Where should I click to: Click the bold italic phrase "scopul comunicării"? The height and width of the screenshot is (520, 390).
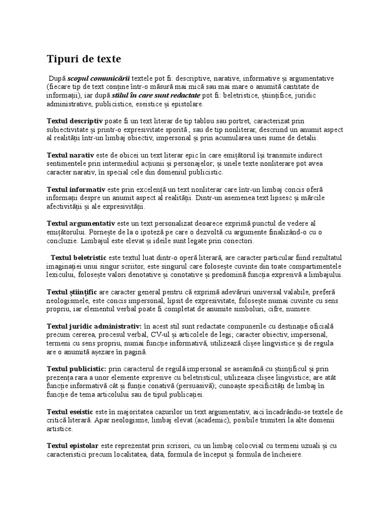click(99, 79)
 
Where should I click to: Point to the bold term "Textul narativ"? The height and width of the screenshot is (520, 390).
click(70, 155)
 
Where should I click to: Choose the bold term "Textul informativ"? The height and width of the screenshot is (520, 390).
click(76, 189)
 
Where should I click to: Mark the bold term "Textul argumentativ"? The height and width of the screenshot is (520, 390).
click(81, 223)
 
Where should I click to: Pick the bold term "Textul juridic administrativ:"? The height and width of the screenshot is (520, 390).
click(94, 326)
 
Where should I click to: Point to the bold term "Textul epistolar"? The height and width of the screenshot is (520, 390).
click(73, 446)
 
